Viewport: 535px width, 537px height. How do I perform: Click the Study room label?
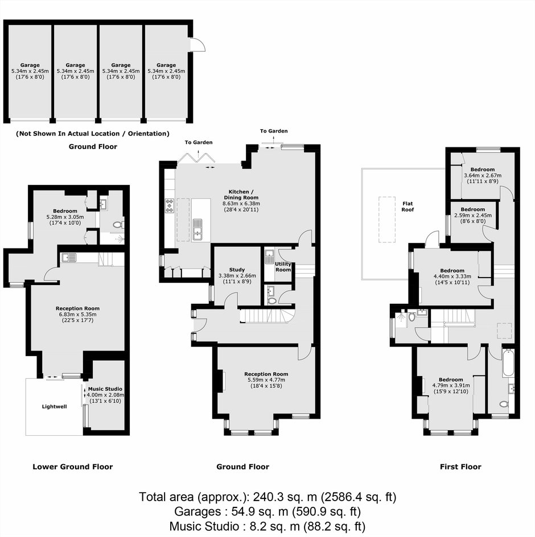237,270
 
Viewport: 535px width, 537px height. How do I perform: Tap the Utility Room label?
283,267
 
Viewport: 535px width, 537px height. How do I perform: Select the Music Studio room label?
105,389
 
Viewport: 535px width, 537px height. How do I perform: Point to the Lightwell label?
54,407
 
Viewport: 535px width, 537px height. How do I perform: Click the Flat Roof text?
408,206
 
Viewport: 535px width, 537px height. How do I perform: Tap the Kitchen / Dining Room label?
241,195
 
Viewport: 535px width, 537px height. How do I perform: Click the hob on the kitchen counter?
170,205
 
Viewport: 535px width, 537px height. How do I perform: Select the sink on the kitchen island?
197,229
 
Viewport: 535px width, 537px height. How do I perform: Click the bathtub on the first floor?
508,362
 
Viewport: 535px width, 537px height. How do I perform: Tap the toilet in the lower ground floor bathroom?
118,225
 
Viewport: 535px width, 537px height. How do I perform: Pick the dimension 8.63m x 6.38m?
241,204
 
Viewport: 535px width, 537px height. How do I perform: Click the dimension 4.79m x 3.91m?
451,386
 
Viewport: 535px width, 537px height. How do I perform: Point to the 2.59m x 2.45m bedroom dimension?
473,216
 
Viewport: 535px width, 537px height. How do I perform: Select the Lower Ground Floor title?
73,467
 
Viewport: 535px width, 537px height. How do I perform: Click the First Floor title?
460,467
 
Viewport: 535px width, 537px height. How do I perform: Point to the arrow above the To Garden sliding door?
274,139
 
